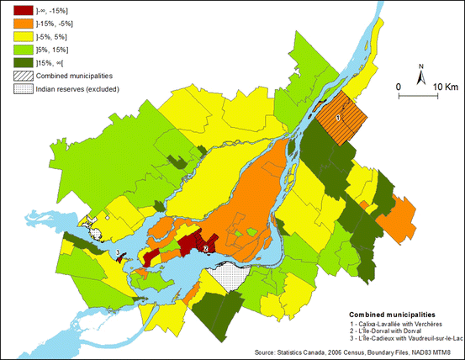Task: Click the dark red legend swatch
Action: pyautogui.click(x=18, y=10)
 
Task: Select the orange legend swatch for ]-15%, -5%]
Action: pyautogui.click(x=18, y=24)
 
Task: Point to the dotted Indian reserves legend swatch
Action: pyautogui.click(x=18, y=88)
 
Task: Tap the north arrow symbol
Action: pyautogui.click(x=421, y=74)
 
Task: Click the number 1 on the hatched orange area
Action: pyautogui.click(x=338, y=118)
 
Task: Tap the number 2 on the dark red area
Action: pyautogui.click(x=205, y=248)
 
